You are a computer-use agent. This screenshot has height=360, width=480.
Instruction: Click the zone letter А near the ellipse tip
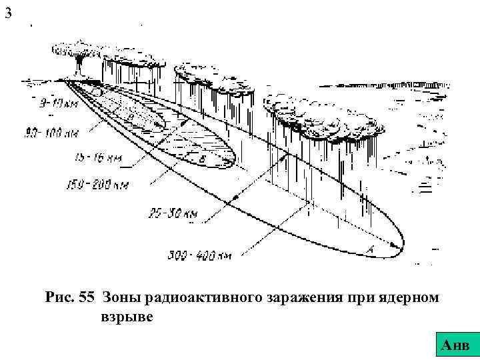point(370,249)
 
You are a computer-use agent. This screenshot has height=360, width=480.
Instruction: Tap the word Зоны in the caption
point(121,298)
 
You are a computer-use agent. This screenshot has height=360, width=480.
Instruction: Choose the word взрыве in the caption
point(126,317)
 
